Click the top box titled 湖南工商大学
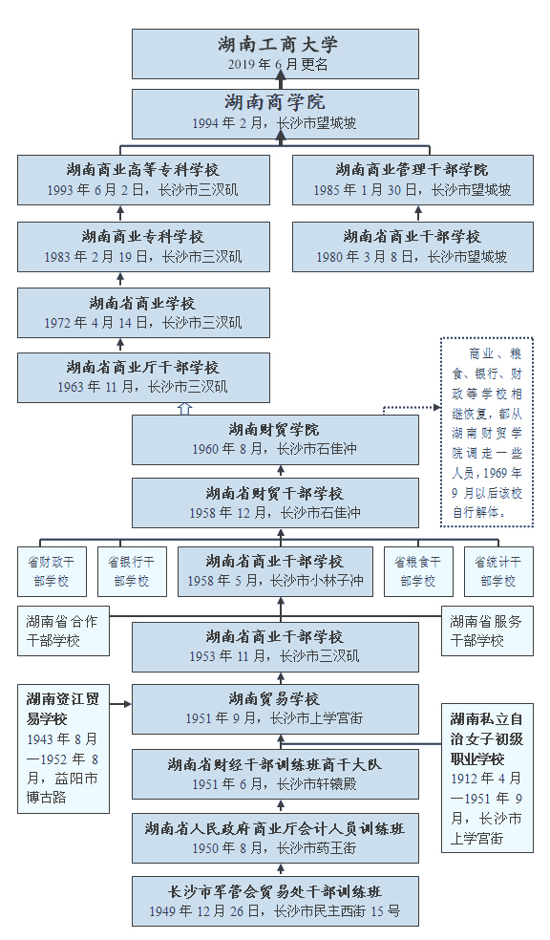(x=275, y=53)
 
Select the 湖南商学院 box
(x=275, y=113)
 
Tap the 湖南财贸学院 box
(x=275, y=438)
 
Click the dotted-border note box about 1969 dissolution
(x=487, y=432)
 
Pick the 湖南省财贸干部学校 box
(x=275, y=502)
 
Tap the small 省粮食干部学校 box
(x=418, y=571)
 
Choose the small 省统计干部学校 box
(x=498, y=571)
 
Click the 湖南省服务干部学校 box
(x=487, y=630)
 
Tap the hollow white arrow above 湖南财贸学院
(x=185, y=408)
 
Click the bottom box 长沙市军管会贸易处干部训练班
(x=275, y=901)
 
